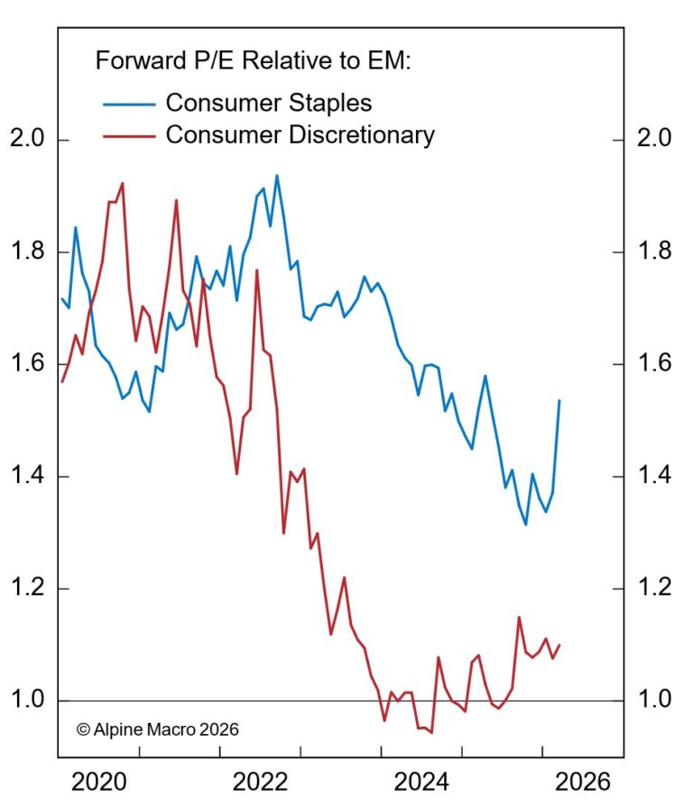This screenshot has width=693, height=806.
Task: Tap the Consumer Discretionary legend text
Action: pos(300,135)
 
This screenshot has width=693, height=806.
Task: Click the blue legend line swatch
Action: pos(129,103)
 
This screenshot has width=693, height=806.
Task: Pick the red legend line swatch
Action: pos(129,136)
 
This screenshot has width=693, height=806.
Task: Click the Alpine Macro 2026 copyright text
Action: pos(158,728)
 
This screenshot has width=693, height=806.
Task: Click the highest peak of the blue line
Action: pos(276,176)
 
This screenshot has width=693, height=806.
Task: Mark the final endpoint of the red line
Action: pos(559,645)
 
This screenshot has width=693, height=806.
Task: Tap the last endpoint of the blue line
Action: pos(559,400)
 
